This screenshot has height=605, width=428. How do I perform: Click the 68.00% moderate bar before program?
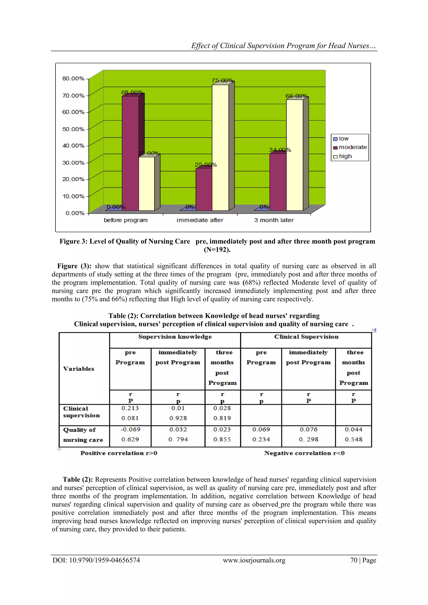[130, 153]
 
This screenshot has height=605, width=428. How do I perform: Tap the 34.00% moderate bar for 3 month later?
[278, 182]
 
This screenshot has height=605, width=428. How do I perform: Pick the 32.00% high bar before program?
[147, 184]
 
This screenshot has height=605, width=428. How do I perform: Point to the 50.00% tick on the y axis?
[73, 129]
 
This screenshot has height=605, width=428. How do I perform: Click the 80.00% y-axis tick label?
[73, 79]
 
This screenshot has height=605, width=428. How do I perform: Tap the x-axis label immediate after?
[200, 220]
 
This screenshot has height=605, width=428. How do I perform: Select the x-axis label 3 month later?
[274, 220]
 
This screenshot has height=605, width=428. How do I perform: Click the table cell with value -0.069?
[130, 429]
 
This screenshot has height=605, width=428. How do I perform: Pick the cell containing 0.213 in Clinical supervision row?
[130, 408]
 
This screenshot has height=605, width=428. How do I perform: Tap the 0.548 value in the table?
[353, 439]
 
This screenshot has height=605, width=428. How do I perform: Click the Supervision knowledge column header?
[175, 337]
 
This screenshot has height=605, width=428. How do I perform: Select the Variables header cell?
[79, 369]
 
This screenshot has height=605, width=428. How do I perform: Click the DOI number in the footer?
[96, 560]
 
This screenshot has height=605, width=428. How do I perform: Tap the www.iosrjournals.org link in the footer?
[254, 560]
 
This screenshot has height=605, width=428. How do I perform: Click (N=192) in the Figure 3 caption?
[217, 250]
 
